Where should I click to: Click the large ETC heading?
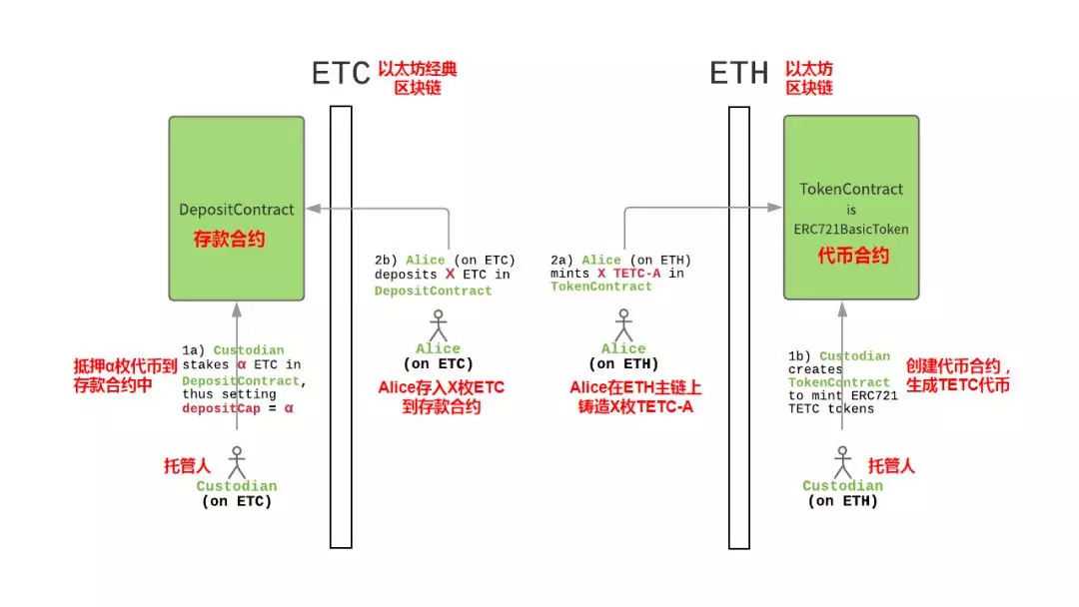click(341, 73)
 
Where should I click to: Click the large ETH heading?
click(738, 73)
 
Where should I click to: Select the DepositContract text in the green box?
click(236, 210)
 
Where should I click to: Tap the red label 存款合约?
click(229, 240)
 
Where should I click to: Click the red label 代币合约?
click(853, 256)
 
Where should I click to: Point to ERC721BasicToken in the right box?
click(851, 229)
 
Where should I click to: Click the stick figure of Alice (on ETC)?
click(438, 325)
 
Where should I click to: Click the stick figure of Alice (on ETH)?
click(623, 324)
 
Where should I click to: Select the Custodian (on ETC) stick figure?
click(237, 462)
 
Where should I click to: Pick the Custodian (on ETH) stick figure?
click(842, 462)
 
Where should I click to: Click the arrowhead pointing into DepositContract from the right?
click(313, 209)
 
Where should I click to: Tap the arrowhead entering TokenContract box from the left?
click(775, 207)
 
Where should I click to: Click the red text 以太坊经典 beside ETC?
click(417, 69)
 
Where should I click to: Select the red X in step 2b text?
click(450, 275)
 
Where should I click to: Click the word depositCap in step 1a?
click(221, 408)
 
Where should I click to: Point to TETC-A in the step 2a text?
click(636, 274)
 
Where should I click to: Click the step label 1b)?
click(799, 356)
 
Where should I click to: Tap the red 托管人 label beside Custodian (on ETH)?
click(891, 466)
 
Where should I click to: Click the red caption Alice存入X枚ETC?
click(442, 387)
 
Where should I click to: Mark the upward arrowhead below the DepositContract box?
click(237, 309)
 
